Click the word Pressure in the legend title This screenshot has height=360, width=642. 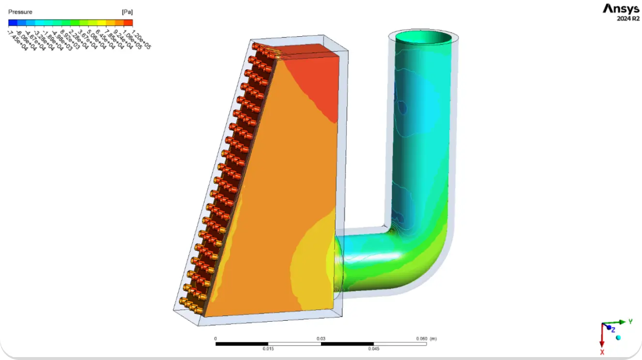(20, 12)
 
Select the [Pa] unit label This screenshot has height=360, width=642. (127, 12)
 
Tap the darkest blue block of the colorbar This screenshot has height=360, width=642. (13, 22)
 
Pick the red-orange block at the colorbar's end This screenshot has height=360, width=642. (128, 22)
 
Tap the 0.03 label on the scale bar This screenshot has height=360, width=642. (321, 339)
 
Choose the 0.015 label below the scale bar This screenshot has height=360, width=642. (268, 348)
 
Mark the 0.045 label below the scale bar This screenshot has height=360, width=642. (373, 348)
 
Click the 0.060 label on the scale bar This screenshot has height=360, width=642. (422, 339)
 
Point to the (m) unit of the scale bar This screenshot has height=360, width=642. (433, 339)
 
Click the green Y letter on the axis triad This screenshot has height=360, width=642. (630, 321)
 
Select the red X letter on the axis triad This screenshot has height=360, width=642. (602, 352)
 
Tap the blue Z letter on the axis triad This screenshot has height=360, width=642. (613, 330)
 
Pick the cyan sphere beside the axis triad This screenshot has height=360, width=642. (618, 337)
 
